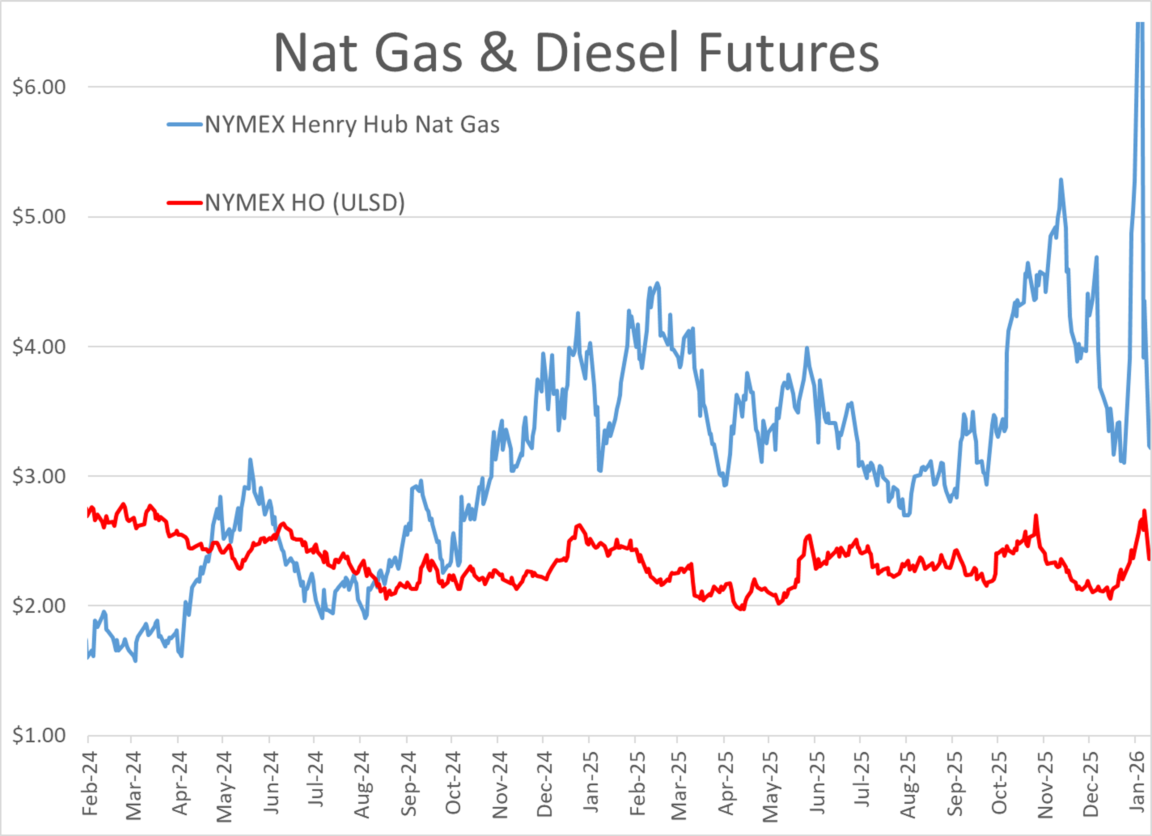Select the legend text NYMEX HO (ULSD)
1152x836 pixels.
(x=305, y=203)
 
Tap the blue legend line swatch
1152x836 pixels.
(x=184, y=125)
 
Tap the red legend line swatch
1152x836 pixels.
(x=184, y=203)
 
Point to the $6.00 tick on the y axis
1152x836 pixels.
(x=39, y=87)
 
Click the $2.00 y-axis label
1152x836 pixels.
(x=39, y=606)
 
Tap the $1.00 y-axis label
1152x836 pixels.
(x=39, y=736)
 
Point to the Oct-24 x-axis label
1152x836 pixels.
(x=453, y=783)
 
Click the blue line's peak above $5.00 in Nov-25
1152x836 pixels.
(x=1060, y=180)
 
